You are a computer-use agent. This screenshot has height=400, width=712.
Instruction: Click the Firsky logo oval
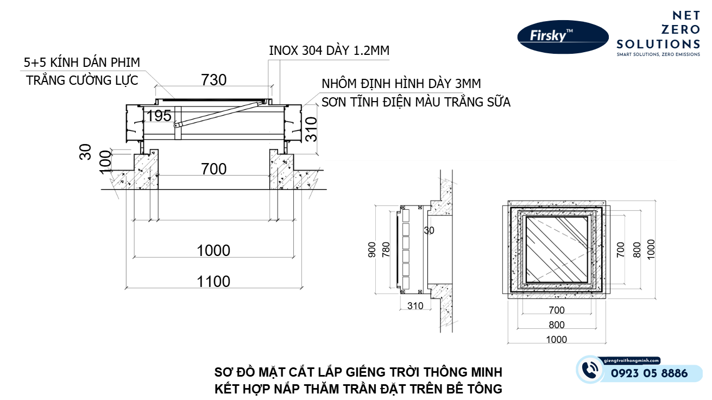562,36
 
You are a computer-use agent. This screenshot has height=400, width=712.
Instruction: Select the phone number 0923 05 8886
649,373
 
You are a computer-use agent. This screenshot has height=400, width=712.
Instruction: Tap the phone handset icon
589,370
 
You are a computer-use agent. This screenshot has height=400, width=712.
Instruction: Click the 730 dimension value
213,80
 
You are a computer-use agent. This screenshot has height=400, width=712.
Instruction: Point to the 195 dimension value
159,115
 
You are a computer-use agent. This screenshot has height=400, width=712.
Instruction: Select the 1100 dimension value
213,281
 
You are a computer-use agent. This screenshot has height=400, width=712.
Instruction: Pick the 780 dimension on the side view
386,249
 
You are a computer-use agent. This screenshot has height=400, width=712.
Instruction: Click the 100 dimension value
105,162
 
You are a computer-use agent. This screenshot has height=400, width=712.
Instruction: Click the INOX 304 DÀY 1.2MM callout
329,51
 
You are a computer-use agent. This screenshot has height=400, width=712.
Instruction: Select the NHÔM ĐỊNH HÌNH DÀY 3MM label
401,84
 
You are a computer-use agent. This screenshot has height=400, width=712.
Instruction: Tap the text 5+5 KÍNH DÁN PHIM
82,62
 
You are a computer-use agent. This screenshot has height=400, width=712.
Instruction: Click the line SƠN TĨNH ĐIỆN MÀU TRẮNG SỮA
415,102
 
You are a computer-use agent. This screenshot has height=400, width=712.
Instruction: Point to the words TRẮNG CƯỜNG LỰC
82,80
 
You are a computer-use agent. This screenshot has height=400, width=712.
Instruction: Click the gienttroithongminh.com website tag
632,360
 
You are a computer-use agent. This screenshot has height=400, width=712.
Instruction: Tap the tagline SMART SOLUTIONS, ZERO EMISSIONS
658,54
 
